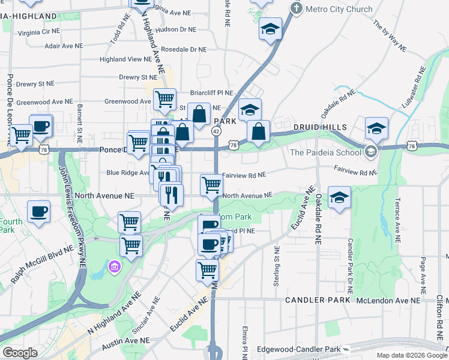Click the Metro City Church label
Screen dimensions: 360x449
[339, 9]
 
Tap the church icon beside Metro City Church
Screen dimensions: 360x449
[295, 8]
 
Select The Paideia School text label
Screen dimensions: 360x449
[326, 152]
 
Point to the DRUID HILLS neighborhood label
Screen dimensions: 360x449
[321, 127]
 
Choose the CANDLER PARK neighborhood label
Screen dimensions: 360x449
[317, 299]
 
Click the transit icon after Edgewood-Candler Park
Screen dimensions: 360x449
[346, 349]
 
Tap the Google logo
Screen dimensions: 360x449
[20, 353]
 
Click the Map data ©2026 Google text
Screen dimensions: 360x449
[412, 355]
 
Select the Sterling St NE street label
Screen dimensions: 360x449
[277, 266]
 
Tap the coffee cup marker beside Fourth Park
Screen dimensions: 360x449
[39, 212]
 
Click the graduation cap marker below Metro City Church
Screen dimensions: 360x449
[271, 28]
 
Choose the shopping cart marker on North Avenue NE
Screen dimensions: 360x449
[211, 185]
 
